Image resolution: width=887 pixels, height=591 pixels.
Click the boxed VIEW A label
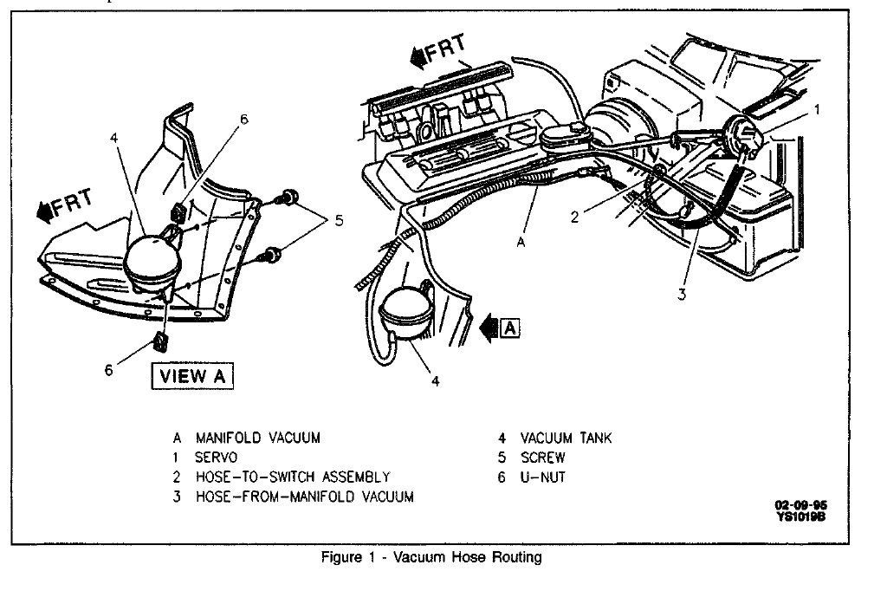point(195,377)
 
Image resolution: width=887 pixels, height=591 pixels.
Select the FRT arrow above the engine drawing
point(441,55)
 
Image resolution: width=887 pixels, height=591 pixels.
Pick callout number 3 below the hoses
point(682,295)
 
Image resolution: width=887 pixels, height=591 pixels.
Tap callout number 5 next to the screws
point(339,220)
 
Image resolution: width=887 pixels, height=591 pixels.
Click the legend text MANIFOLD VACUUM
point(257,438)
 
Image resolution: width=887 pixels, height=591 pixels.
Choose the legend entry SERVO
point(217,458)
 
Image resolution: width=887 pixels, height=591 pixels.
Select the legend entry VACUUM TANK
point(566,438)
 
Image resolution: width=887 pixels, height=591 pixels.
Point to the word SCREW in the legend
point(543,458)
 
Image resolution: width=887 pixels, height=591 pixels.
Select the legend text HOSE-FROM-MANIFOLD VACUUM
point(304,497)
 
